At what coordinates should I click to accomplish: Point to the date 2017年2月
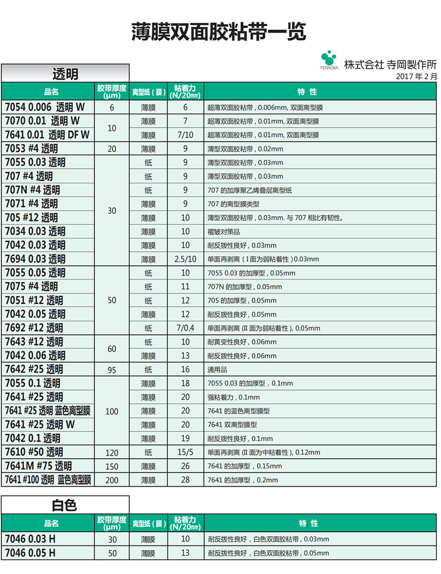416,77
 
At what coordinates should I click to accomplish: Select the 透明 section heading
65,74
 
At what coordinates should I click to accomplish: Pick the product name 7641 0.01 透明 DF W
47,135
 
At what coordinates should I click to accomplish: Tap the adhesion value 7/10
185,135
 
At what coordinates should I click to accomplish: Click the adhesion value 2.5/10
185,259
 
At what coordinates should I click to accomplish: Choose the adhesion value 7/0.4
185,328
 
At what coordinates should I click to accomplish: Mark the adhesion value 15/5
185,452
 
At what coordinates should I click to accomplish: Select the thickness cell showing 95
112,370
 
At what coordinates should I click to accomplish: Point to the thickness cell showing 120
112,453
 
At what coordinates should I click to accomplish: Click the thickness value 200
112,480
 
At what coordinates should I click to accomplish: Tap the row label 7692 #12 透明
34,328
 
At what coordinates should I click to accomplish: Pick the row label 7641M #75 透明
39,466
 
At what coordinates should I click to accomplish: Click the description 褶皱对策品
224,232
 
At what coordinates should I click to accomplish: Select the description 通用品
217,370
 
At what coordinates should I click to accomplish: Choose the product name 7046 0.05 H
30,553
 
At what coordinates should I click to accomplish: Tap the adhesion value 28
185,480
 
